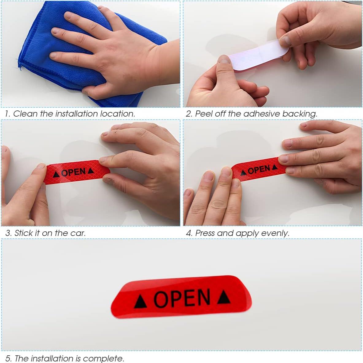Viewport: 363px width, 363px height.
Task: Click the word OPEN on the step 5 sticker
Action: click(x=182, y=298)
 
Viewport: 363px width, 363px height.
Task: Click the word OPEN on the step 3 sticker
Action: click(x=73, y=172)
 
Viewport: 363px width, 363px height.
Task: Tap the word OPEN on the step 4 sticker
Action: click(x=259, y=169)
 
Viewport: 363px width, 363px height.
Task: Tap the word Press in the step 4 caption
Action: click(x=205, y=233)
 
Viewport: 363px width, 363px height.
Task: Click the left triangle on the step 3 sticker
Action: click(x=56, y=174)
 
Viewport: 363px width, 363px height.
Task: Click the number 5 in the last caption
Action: click(x=8, y=358)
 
